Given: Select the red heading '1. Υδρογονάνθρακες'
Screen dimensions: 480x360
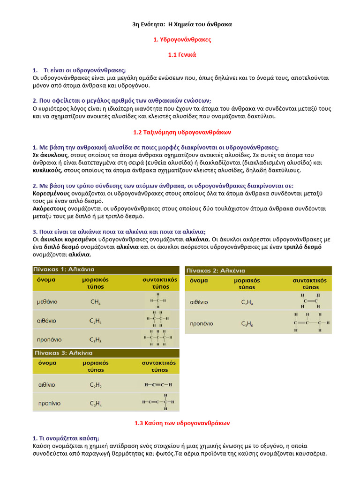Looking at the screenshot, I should tap(182, 39).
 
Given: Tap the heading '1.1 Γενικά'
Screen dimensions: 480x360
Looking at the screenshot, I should tap(182, 55).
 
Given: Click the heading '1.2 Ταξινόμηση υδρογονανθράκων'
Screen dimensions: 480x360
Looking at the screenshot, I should tap(182, 132).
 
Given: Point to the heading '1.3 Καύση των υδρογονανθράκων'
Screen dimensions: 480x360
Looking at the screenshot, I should tap(182, 423).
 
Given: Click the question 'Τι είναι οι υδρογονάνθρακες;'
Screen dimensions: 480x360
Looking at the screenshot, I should tap(84, 70).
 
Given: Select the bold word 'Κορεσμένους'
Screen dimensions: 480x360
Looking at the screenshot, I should tap(51, 193).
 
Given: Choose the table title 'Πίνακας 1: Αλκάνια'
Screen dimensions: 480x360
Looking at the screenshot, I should tap(63, 270).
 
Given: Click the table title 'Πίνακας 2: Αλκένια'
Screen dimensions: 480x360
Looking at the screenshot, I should tap(216, 270).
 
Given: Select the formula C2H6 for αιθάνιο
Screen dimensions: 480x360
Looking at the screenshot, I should tap(96, 321).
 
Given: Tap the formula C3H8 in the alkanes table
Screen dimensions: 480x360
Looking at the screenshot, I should tap(96, 339).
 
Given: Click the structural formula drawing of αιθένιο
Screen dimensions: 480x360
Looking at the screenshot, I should tap(311, 301).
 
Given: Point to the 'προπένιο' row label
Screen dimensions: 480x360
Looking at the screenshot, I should tap(202, 323).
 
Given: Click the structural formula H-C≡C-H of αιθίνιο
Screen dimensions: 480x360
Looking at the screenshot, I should tap(158, 385).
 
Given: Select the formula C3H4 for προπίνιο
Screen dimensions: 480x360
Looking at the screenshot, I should tap(96, 403).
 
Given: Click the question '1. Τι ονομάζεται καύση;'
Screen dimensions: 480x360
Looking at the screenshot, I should tap(66, 438).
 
